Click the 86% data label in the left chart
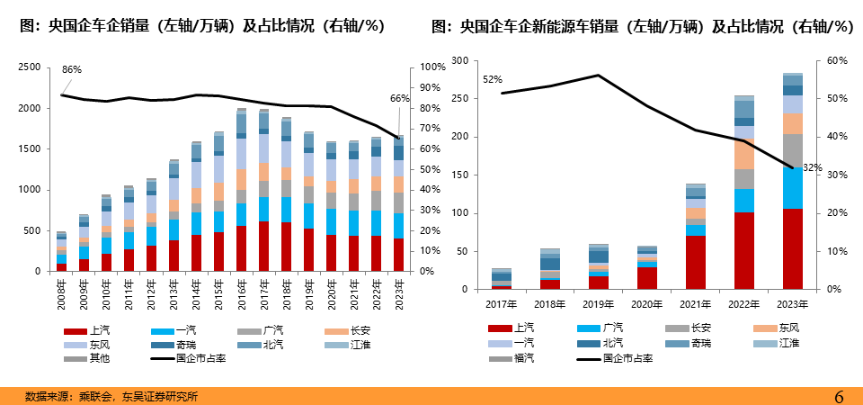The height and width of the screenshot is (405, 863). click(x=72, y=69)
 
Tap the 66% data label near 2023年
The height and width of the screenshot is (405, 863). click(x=399, y=98)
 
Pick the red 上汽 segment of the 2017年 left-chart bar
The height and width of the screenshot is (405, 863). click(x=263, y=246)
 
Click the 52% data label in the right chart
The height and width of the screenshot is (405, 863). click(x=493, y=79)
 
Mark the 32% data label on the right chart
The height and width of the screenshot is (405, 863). click(x=813, y=167)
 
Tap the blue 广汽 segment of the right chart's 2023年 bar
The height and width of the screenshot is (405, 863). click(x=792, y=187)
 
